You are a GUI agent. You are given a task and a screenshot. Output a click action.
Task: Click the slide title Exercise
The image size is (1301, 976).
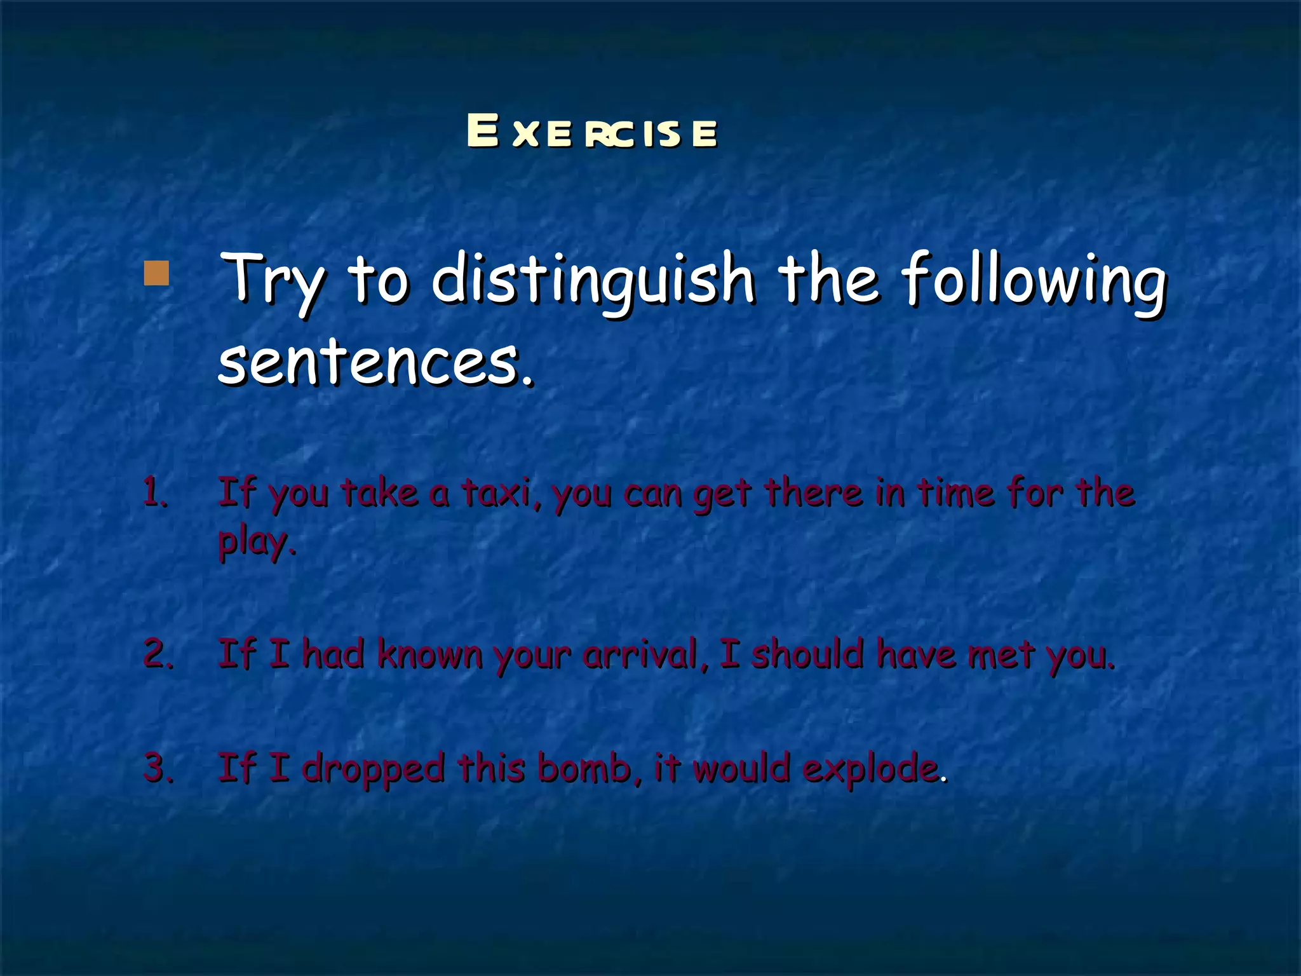pyautogui.click(x=592, y=132)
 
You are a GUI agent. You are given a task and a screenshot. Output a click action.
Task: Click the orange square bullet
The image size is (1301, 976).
pyautogui.click(x=156, y=273)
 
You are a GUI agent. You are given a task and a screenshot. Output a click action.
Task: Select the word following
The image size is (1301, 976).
pyautogui.click(x=1034, y=280)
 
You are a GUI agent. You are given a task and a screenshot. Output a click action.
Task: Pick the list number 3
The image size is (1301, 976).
pyautogui.click(x=158, y=767)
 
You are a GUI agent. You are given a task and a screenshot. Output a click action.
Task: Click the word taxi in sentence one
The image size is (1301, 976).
pyautogui.click(x=501, y=492)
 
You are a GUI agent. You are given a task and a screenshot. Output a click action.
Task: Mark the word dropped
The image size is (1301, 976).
pyautogui.click(x=373, y=768)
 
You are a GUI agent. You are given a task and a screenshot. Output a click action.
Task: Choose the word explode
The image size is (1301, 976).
pyautogui.click(x=870, y=768)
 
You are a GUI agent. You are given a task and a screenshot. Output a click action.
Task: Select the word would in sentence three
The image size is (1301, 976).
pyautogui.click(x=741, y=767)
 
